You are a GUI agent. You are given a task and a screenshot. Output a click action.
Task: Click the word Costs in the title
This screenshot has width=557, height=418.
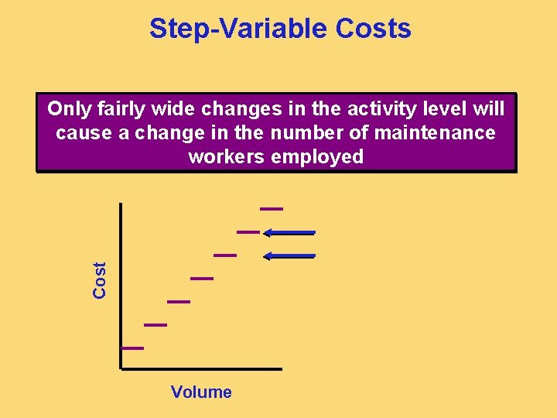(374, 29)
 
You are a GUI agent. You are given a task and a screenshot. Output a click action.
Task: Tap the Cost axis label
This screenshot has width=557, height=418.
(100, 279)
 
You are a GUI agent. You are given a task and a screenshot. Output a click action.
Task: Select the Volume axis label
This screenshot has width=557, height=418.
(201, 392)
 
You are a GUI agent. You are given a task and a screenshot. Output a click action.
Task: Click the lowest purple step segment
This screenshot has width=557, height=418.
(132, 348)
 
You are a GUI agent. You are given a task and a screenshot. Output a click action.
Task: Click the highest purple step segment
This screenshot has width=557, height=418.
(272, 208)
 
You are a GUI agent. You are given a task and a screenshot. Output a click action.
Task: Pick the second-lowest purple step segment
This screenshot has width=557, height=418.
(155, 325)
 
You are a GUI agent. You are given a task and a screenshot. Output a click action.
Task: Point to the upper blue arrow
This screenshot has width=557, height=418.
(289, 232)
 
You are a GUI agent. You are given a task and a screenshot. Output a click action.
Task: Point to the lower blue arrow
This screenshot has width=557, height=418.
(289, 255)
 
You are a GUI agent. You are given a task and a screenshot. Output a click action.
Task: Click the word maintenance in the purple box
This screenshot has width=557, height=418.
(434, 133)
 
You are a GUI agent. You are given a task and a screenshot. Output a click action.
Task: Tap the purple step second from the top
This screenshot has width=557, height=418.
(248, 231)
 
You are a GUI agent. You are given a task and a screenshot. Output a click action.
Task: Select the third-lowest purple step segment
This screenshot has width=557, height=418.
(179, 301)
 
